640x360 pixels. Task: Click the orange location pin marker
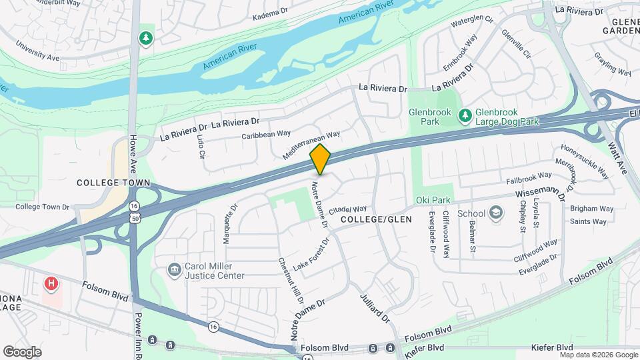(320, 159)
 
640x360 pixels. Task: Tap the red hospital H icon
(50, 283)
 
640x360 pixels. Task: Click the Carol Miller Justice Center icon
(174, 269)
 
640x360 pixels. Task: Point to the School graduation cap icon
(495, 213)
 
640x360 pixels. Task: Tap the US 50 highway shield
(135, 219)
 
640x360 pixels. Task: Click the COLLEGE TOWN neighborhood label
(113, 183)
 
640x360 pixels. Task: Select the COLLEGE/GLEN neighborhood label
(376, 219)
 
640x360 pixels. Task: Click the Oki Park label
(433, 200)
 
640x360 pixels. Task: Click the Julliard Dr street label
(375, 308)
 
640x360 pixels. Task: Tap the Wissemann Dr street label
(531, 193)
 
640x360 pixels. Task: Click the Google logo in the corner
(22, 351)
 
